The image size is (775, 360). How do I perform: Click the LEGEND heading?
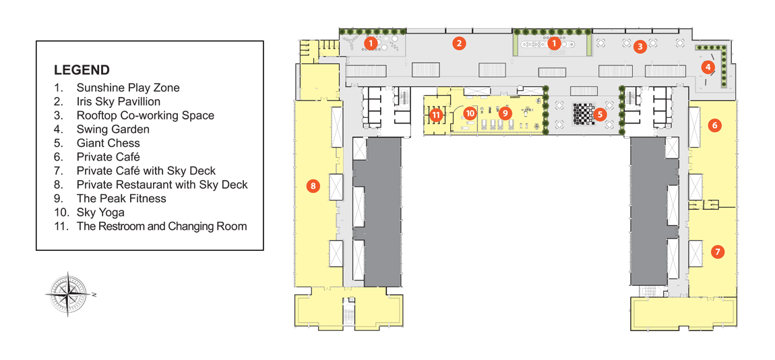click(x=82, y=69)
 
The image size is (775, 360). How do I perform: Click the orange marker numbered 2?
click(x=459, y=43)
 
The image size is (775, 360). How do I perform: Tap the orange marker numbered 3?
click(x=640, y=47)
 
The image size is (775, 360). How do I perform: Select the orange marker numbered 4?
click(x=708, y=66)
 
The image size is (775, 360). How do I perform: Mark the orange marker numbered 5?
click(x=600, y=115)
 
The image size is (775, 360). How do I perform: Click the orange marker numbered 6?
click(x=714, y=125)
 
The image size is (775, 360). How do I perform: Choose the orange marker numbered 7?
click(x=718, y=251)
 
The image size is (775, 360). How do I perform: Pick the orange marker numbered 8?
click(x=313, y=186)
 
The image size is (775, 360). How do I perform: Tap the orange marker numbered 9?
click(x=504, y=113)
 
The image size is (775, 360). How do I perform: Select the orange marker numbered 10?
click(x=470, y=113)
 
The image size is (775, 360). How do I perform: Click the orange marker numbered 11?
click(x=435, y=115)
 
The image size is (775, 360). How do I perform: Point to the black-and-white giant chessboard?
click(x=583, y=114)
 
